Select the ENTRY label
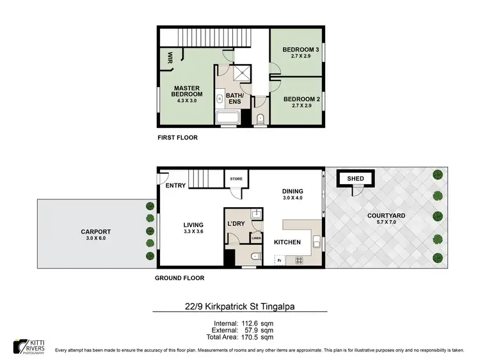174,185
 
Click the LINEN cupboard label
256,238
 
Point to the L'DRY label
237,224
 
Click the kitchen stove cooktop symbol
298,260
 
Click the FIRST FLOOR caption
177,137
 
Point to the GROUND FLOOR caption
180,278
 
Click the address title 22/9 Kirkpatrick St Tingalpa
240,306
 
